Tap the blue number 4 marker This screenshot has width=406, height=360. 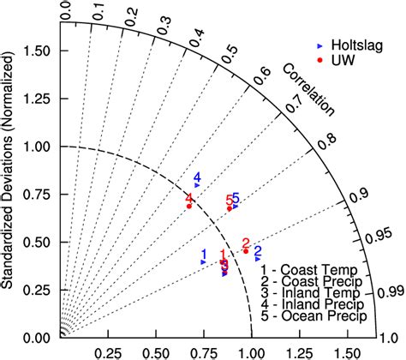(x=197, y=179)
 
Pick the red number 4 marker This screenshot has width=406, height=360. (x=189, y=201)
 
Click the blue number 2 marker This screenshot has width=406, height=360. (x=257, y=252)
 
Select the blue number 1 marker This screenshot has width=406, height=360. (x=204, y=256)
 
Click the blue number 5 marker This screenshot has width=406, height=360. (x=236, y=201)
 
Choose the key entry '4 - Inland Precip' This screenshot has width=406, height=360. (x=313, y=304)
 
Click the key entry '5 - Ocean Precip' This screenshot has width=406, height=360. (x=314, y=316)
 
